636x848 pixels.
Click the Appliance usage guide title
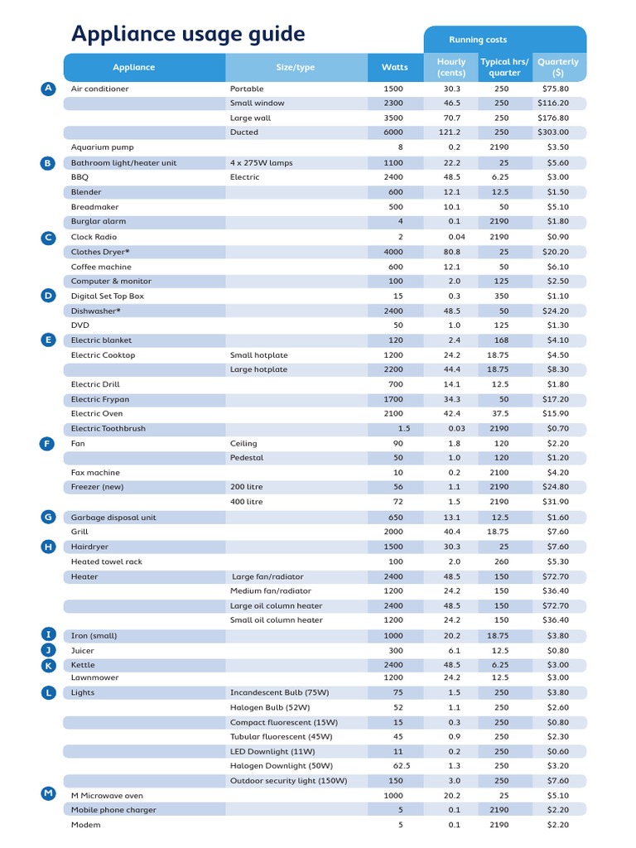[x=188, y=35]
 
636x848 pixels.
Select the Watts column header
[x=395, y=67]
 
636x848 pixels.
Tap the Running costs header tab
[x=478, y=40]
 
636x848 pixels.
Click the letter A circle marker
[x=48, y=89]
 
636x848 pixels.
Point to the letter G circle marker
[x=48, y=517]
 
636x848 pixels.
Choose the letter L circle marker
[x=48, y=692]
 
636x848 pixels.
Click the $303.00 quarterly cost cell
[x=552, y=132]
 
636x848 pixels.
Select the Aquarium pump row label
[x=102, y=147]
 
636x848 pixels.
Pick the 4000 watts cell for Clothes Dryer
[x=394, y=252]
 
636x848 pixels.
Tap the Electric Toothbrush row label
[x=108, y=429]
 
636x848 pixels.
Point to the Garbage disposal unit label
[x=113, y=518]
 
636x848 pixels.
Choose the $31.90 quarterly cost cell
[x=552, y=502]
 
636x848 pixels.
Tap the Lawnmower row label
[x=95, y=677]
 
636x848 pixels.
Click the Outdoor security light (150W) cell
[x=288, y=781]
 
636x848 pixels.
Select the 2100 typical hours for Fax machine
[x=499, y=473]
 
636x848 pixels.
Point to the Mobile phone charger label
[x=113, y=810]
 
